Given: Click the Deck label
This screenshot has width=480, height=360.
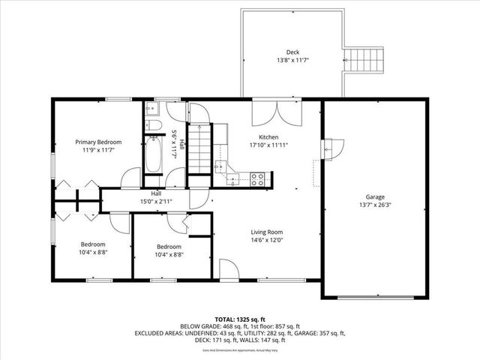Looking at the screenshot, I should coord(281,51).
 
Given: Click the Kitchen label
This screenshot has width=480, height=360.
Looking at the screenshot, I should coord(268,137).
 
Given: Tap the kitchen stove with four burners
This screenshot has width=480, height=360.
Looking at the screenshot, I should coord(256,179).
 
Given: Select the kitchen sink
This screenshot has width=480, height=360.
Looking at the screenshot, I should coord(221,167).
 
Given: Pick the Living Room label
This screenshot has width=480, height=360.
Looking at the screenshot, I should coord(265,232).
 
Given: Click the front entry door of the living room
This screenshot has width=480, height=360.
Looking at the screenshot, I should coord(229,271).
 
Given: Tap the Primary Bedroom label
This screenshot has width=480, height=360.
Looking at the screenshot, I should coord(98,142).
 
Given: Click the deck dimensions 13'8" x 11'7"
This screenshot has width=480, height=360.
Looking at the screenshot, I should coord(281,60).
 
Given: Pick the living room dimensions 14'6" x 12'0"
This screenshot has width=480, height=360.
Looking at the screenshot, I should coord(265,241).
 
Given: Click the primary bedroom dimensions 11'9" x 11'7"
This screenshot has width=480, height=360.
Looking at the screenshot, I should coord(98,151).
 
